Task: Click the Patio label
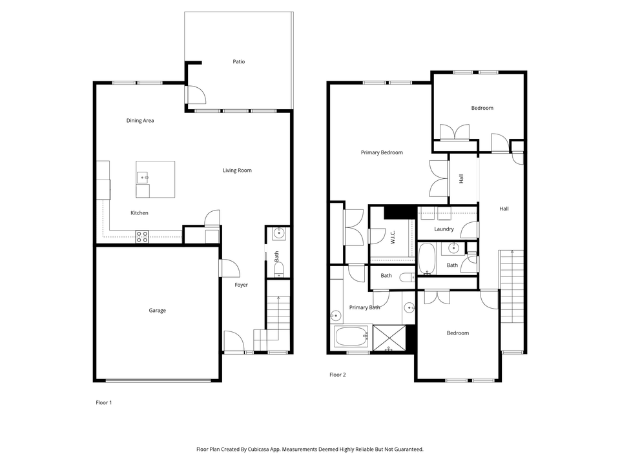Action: pyautogui.click(x=239, y=62)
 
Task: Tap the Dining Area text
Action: pyautogui.click(x=140, y=121)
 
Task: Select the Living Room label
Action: pyautogui.click(x=237, y=170)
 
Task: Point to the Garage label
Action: pyautogui.click(x=158, y=311)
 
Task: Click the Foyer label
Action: pyautogui.click(x=241, y=285)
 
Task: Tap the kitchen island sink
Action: pyautogui.click(x=143, y=177)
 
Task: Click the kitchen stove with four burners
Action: pyautogui.click(x=142, y=236)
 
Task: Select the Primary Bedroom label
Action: pyautogui.click(x=382, y=152)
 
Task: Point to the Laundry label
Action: pyautogui.click(x=444, y=229)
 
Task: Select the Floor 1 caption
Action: pyautogui.click(x=104, y=402)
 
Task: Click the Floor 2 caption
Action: pyautogui.click(x=338, y=375)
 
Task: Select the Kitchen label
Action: pyautogui.click(x=139, y=213)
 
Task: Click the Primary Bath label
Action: pyautogui.click(x=365, y=307)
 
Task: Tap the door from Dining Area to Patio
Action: pyautogui.click(x=195, y=95)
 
